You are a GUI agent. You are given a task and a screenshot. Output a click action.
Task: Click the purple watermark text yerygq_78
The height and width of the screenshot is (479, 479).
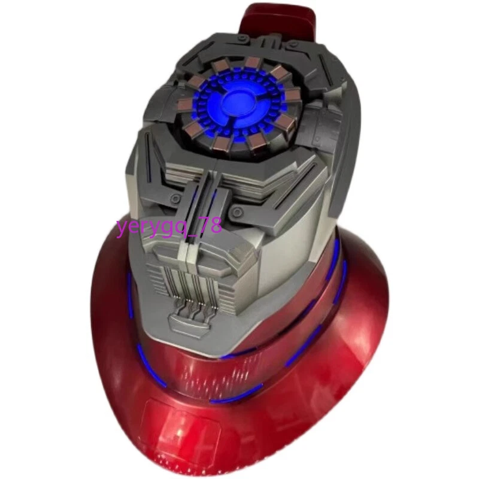[x=169, y=227]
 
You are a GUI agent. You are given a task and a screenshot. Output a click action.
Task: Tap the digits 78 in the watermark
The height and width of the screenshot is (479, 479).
[x=212, y=226]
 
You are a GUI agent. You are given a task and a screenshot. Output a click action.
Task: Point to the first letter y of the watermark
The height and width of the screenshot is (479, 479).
[x=122, y=229]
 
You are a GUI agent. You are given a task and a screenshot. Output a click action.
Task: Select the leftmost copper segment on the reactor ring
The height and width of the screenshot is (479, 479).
[x=185, y=104]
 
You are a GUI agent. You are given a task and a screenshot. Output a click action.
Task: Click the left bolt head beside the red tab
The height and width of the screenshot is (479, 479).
[x=242, y=38]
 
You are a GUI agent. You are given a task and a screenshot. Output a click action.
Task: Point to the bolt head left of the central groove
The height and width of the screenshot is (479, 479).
[x=175, y=199]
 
